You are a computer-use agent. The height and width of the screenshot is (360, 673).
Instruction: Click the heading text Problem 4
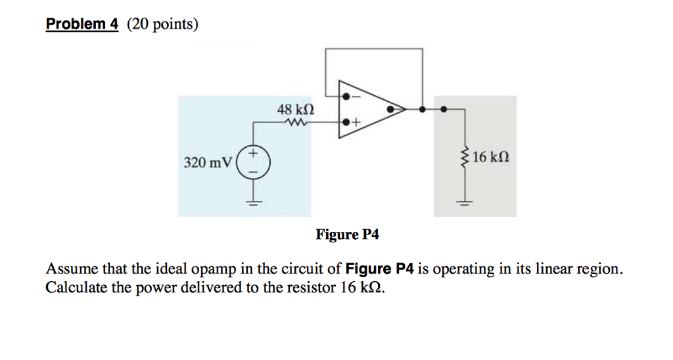pos(81,24)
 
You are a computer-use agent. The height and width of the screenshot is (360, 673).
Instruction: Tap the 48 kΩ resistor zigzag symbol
pos(295,122)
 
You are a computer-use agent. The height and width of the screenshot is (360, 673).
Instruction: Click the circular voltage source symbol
pos(252,162)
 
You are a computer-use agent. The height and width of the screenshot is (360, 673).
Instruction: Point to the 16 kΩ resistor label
pos(490,158)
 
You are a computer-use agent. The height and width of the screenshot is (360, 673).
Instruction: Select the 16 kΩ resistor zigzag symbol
pos(466,158)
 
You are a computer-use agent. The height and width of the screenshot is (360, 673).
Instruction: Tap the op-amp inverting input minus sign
pos(357,97)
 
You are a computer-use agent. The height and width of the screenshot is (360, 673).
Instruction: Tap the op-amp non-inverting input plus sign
pos(357,122)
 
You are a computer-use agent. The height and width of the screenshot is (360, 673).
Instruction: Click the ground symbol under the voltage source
pos(252,202)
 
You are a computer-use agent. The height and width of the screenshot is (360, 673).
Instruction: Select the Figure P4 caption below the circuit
pos(347,235)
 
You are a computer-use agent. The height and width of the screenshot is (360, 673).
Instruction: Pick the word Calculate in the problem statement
pos(73,288)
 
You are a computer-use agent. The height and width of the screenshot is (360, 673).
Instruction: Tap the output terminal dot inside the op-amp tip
pos(392,109)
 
